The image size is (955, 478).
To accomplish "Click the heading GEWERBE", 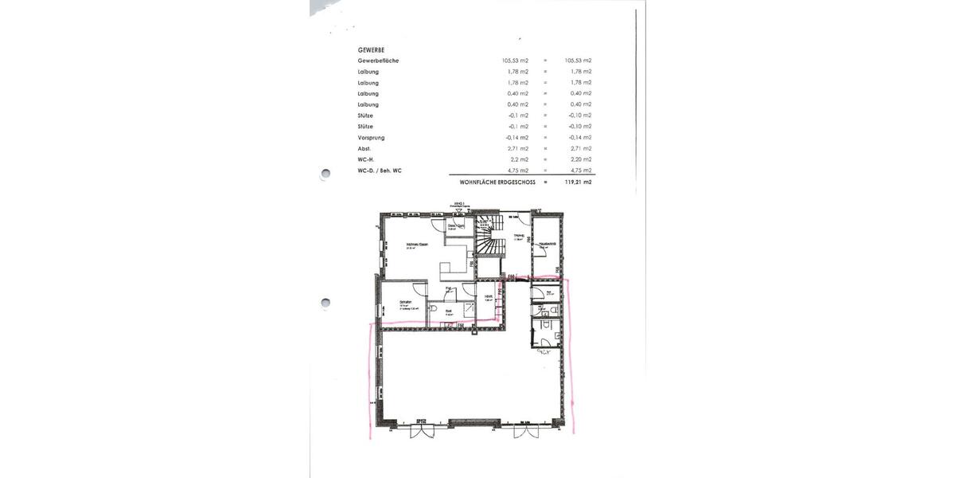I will click(370, 49).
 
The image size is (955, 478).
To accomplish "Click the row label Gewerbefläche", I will click(379, 61).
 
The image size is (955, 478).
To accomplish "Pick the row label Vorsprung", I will click(372, 138).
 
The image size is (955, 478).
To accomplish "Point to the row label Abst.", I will click(365, 149).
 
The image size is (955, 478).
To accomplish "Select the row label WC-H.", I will click(367, 159).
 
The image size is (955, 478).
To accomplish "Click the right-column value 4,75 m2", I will click(579, 170).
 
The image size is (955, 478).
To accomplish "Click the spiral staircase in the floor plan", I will click(487, 237).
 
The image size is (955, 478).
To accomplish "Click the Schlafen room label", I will click(406, 304).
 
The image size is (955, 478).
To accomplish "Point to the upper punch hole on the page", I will click(325, 173).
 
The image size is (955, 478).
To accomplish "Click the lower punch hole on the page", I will click(325, 303).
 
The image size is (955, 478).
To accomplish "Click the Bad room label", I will click(449, 311).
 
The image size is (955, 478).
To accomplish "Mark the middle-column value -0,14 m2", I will click(517, 138).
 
